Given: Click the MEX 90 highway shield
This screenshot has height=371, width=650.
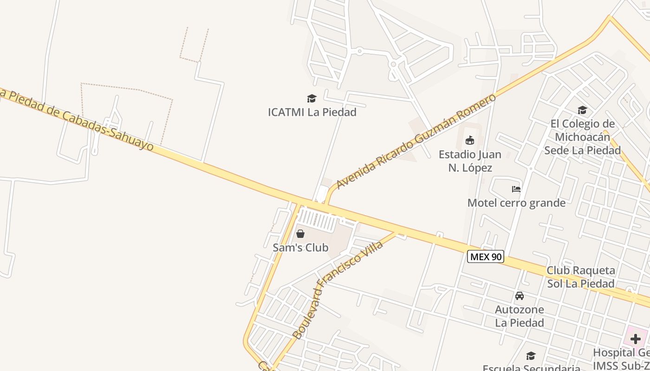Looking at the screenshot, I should point(485,256).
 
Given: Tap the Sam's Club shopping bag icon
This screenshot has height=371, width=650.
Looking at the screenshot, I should point(300,234).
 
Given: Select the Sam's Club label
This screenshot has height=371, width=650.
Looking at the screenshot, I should point(300,248).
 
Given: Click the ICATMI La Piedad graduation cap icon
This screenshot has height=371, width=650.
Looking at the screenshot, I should point(312,98).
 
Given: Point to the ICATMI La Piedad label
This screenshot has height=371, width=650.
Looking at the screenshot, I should point(312,112).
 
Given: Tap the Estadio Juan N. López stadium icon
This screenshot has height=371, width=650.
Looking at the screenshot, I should point(470,140).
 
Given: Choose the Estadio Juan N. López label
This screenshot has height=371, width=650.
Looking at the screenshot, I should point(470,161).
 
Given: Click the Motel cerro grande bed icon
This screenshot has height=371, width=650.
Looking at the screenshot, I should point(516,189).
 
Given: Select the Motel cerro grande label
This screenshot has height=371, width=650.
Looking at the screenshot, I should point(516,203).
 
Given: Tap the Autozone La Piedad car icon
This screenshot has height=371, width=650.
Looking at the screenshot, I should point(520,295).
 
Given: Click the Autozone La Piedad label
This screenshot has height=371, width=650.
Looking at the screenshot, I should point(520,316).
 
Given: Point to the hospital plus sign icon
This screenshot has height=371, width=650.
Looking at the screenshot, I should point(635,339).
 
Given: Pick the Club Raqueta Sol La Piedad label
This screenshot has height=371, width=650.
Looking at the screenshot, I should point(580,277).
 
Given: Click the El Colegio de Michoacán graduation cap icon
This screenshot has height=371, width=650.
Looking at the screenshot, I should point(582,110).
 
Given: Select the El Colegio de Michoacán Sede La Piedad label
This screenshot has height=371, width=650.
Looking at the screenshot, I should point(582,137).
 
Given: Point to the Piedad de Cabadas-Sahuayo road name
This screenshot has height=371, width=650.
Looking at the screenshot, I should point(77,118).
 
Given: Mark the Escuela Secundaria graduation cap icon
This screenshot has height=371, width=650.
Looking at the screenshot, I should point(531,356).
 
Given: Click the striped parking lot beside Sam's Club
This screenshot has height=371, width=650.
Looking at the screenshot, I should point(318,219).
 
